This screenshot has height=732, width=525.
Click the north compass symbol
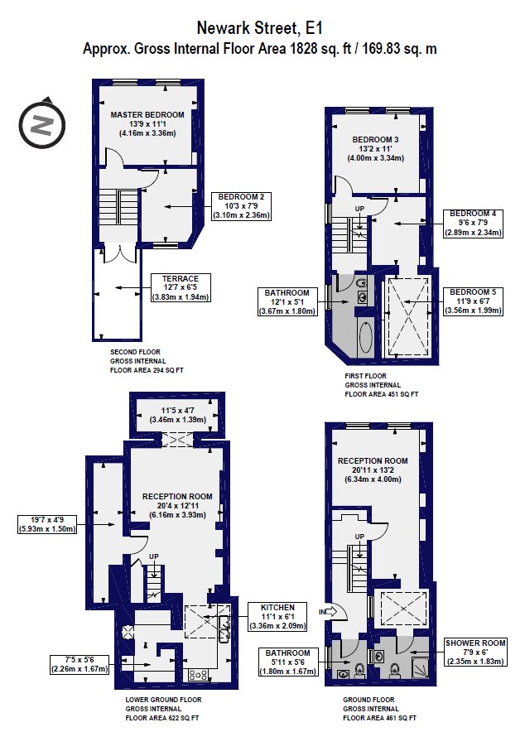click(x=42, y=124)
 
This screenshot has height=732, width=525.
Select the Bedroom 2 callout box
click(x=241, y=206)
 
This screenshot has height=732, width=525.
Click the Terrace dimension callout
click(x=181, y=287)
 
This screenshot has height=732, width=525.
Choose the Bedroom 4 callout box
click(x=473, y=223)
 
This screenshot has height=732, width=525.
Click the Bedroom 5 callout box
click(x=473, y=301)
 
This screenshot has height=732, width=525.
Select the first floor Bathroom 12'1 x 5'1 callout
click(x=287, y=301)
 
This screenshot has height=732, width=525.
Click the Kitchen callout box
click(x=277, y=616)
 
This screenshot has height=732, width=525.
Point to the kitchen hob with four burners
click(x=198, y=675)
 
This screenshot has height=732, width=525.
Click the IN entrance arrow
click(x=329, y=611)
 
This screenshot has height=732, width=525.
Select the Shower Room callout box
click(x=475, y=652)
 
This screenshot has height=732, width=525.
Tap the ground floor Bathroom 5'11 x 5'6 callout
click(x=288, y=662)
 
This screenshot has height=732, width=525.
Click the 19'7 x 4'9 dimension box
click(x=46, y=524)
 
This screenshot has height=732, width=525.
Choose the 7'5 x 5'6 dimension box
click(x=79, y=664)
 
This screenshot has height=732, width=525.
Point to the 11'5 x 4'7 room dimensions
click(x=178, y=415)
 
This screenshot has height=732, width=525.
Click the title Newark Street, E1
click(x=259, y=28)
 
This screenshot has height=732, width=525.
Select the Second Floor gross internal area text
click(x=147, y=361)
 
